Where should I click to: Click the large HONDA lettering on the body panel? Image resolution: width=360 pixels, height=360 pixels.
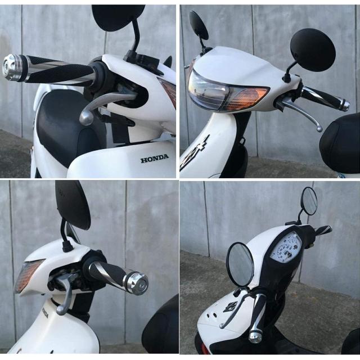click(155, 159)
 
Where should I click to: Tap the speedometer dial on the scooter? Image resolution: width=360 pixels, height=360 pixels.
click(285, 247)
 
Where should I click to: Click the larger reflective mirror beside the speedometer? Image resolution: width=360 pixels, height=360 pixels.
click(240, 264)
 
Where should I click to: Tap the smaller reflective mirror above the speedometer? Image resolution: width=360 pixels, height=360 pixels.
click(309, 201)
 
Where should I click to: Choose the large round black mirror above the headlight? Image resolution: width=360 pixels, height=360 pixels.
click(313, 49)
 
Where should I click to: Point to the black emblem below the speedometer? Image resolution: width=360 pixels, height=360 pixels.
click(230, 307)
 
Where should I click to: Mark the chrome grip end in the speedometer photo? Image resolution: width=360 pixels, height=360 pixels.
click(255, 336)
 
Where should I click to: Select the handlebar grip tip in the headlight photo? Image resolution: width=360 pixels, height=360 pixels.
click(344, 105)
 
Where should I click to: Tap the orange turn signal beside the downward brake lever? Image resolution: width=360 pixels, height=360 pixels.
click(28, 275)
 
